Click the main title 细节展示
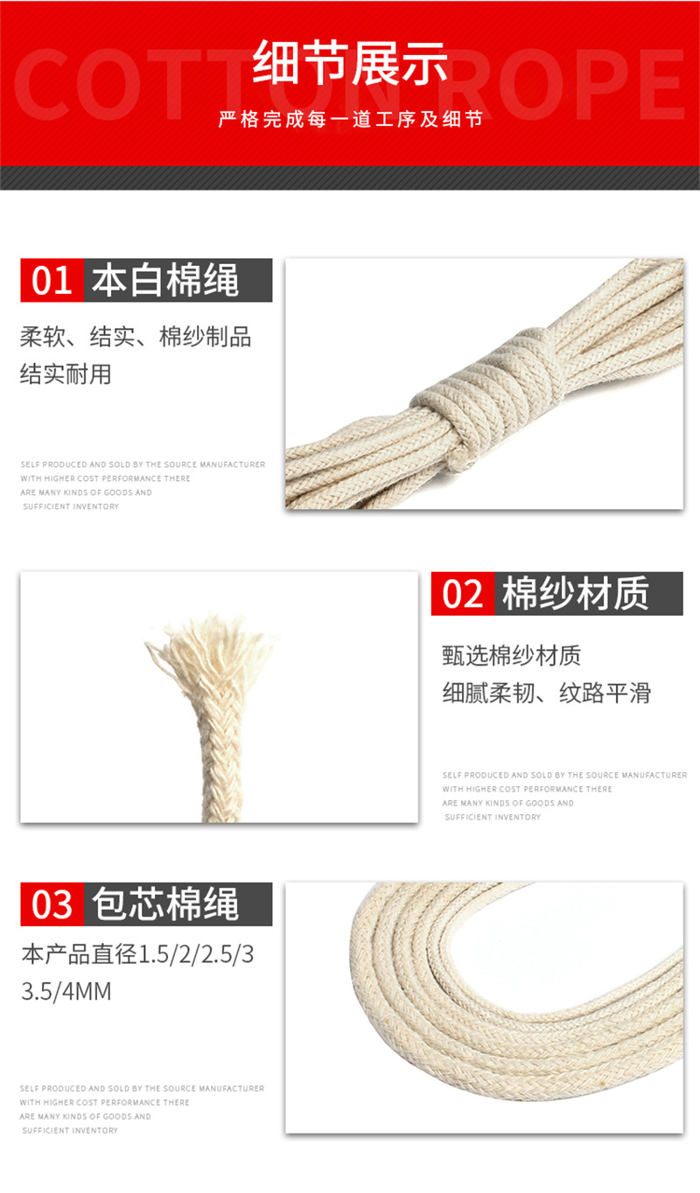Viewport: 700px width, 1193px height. [350, 64]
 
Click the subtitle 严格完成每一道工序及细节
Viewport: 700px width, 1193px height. [350, 120]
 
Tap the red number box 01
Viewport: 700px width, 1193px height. [52, 281]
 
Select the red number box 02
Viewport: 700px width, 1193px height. [463, 594]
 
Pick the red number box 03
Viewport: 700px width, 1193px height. [52, 904]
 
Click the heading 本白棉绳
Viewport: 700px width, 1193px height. [166, 281]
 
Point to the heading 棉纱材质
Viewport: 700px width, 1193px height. [576, 594]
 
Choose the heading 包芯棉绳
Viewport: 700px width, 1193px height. [166, 904]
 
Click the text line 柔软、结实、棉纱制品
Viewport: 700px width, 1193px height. [136, 337]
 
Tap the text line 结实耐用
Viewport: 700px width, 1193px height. [66, 374]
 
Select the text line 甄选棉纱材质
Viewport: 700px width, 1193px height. [512, 654]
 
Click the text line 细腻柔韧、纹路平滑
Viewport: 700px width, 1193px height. [547, 693]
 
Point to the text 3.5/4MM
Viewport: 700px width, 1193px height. [66, 992]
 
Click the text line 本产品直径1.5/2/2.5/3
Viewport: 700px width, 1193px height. [137, 954]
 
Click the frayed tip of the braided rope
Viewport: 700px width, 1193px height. [210, 652]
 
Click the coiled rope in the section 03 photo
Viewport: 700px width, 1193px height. [455, 1006]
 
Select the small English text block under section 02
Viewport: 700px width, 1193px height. [564, 796]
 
